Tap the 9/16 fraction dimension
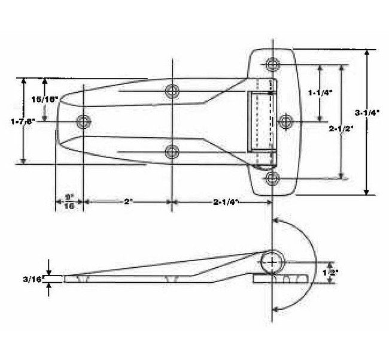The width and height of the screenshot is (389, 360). click(69, 201)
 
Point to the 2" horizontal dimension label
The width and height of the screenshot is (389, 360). click(127, 202)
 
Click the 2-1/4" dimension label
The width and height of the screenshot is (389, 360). click(226, 202)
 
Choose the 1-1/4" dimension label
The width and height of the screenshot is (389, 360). click(320, 92)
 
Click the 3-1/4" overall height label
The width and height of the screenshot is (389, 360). click(366, 113)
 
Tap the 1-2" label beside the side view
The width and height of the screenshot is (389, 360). click(330, 272)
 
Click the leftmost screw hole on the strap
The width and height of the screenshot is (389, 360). click(83, 122)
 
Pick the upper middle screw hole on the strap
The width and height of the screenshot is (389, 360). click(172, 91)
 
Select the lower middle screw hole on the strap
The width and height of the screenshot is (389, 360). click(172, 152)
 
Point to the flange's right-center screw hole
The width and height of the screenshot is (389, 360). click(287, 121)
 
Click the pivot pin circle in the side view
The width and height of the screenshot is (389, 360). click(272, 262)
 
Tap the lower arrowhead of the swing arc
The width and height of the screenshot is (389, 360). click(276, 308)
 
